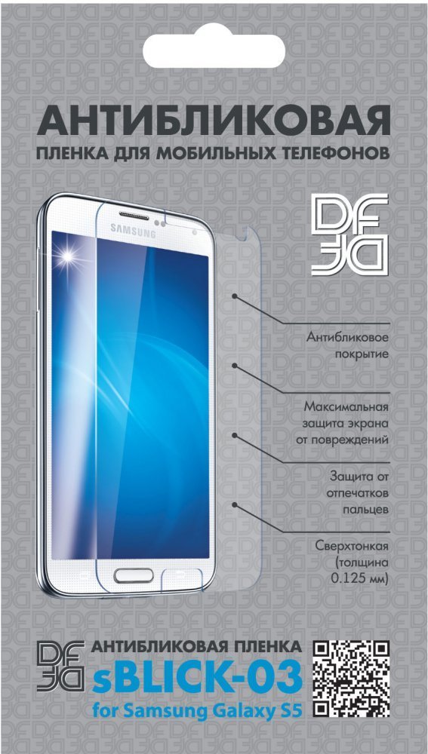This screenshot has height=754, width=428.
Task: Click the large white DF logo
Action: click(x=349, y=234)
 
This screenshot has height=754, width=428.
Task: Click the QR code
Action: click(x=352, y=678)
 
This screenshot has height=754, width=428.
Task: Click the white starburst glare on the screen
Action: click(x=69, y=256)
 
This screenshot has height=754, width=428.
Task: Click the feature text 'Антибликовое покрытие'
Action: click(x=346, y=346)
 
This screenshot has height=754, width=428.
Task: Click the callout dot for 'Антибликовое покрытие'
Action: click(x=235, y=297)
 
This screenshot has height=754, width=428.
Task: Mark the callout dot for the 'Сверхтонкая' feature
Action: click(x=235, y=504)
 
